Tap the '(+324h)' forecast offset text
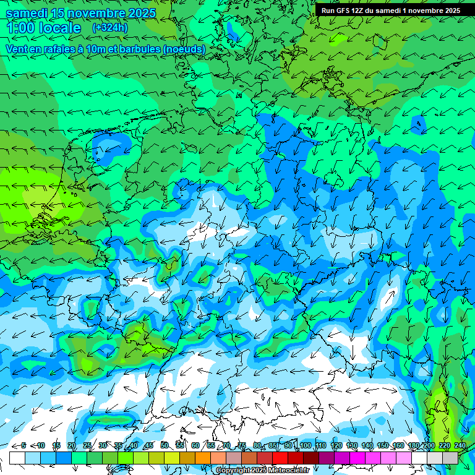110,27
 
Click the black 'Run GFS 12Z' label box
390,11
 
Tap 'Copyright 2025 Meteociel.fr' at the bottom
262,470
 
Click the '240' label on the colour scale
460,445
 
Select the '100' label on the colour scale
305,445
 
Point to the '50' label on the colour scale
165,445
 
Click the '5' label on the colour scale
24,445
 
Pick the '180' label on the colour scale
413,445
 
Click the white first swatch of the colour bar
17,458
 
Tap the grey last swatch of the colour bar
450,458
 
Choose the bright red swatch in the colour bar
280,458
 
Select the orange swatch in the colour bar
203,458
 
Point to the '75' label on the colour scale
242,445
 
